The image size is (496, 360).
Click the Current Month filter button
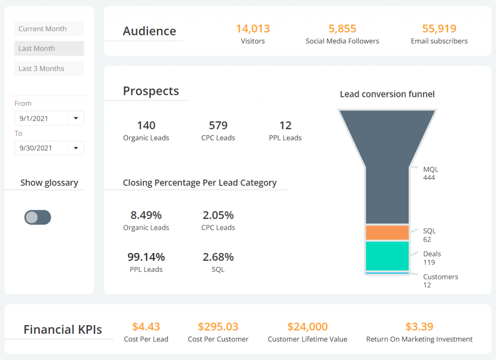49,29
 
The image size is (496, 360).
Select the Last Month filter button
49,48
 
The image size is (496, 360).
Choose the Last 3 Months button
49,68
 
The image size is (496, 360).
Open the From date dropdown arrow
76,118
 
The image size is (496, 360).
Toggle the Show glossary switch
38,218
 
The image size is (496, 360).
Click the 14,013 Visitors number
253,29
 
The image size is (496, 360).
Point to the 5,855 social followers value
342,29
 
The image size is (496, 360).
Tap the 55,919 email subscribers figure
439,29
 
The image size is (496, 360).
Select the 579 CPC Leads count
218,125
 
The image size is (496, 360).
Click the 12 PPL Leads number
285,125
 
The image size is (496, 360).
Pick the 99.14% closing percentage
146,257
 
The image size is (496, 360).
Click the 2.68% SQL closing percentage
218,257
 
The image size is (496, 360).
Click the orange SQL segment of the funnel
387,233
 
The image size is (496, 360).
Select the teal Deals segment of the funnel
387,256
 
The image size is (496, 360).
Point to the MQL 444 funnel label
430,173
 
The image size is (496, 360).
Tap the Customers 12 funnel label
440,281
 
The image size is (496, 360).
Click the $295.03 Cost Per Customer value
218,327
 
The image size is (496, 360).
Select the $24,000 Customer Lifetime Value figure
308,327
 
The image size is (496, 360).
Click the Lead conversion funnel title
387,94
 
